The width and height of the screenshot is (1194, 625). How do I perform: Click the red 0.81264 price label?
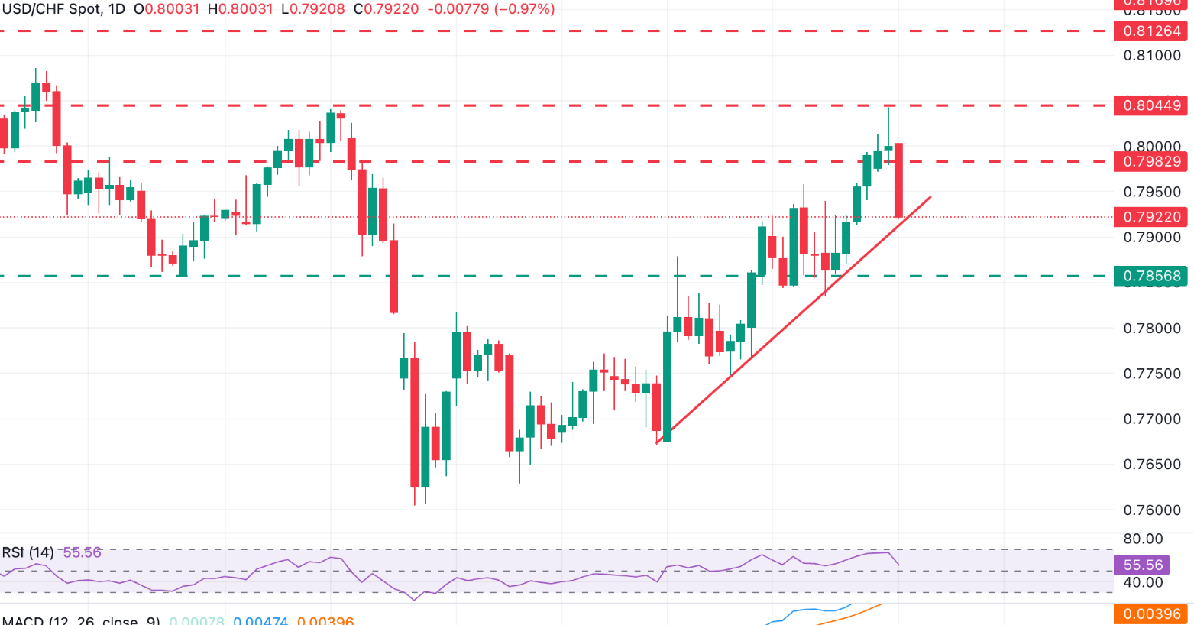[1151, 31]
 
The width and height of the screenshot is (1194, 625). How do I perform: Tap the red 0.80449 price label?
[1151, 105]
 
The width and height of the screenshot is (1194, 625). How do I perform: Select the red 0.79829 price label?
[1151, 161]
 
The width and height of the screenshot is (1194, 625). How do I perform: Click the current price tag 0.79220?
[1151, 217]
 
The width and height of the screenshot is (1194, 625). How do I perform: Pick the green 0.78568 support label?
[1151, 276]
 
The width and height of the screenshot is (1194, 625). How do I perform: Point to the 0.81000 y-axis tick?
[1152, 56]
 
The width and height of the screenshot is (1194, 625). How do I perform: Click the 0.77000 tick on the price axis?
[1152, 419]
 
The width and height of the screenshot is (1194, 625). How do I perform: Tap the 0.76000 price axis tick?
[1152, 510]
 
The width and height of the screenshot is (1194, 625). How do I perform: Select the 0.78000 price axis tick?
[1152, 329]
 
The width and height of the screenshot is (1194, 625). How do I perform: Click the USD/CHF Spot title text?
[52, 9]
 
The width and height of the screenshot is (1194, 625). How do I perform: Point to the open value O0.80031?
[167, 9]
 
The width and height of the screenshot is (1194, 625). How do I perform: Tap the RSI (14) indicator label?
[28, 552]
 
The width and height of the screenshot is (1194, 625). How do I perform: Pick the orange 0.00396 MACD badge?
[1151, 614]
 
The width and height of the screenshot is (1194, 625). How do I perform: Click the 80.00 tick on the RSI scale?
[1143, 539]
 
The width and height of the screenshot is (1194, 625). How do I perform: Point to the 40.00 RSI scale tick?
[1143, 583]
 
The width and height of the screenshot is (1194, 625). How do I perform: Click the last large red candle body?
[899, 180]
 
